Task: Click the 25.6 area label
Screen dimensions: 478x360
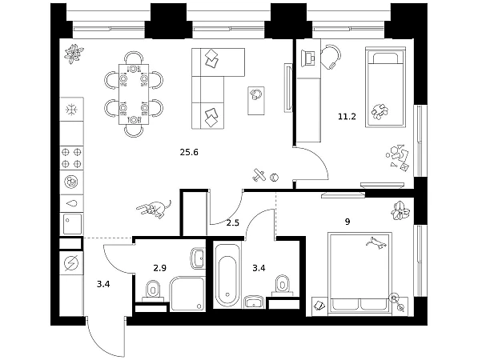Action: click(189, 152)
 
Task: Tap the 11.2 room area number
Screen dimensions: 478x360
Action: click(347, 116)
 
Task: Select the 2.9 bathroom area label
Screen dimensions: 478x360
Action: click(160, 268)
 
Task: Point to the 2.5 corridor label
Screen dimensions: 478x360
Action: click(233, 223)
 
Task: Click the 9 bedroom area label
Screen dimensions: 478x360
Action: click(347, 222)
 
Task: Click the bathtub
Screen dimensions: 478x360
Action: click(227, 277)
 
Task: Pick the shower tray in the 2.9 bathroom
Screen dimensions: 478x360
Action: click(187, 294)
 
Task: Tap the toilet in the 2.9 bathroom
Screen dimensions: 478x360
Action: click(153, 290)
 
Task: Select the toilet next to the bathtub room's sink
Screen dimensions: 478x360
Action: click(283, 286)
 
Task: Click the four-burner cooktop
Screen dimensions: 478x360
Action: click(71, 158)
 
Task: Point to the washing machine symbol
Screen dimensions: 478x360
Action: click(71, 262)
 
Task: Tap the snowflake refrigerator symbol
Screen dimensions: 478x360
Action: click(71, 110)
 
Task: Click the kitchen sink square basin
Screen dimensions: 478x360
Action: click(72, 223)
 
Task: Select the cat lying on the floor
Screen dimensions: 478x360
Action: click(155, 209)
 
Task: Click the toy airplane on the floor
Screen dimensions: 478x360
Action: click(259, 175)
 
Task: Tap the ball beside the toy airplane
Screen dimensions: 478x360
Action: click(275, 178)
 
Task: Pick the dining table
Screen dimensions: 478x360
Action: click(134, 94)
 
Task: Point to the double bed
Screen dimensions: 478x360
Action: click(360, 274)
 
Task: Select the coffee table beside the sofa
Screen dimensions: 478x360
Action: click(256, 101)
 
